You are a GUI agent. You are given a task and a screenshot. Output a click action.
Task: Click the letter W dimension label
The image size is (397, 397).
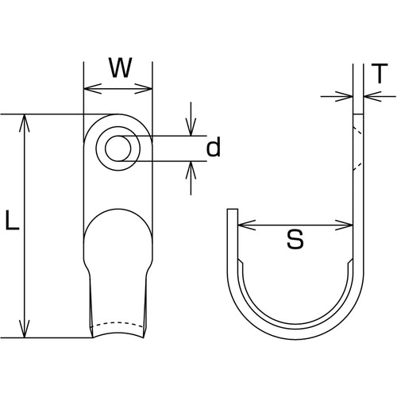coord(119,67)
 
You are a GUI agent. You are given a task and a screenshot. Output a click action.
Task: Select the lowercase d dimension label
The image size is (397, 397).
coord(212,148)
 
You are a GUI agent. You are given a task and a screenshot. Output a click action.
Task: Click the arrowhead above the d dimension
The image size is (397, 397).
coord(191,129)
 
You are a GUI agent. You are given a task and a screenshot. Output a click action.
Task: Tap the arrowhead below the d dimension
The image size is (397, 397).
coord(191,168)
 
